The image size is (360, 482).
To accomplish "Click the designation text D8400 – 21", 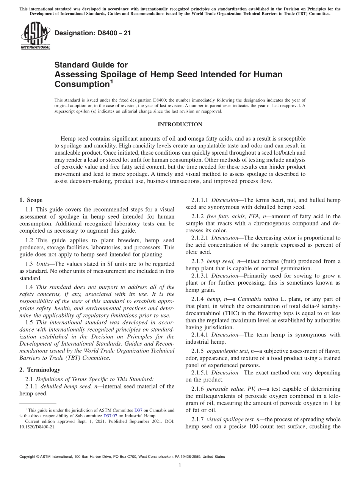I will (x=92, y=33).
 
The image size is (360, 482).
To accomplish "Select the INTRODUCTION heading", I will (x=180, y=124).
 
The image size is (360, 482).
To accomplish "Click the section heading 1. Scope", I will (x=31, y=200).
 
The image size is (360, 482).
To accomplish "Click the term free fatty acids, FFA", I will (x=231, y=216).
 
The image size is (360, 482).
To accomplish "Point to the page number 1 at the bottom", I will (x=180, y=466).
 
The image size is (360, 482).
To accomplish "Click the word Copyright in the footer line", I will (x=28, y=457).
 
